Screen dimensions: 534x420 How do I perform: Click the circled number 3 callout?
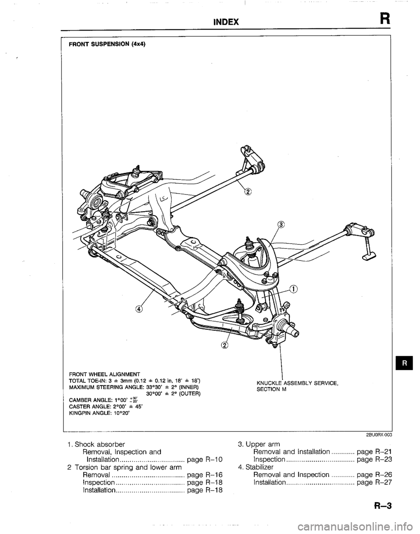(x=281, y=225)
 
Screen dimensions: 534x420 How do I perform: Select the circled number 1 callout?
(x=293, y=288)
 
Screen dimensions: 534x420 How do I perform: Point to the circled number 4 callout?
(x=139, y=309)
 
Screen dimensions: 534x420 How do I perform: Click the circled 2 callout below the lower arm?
(x=225, y=345)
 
